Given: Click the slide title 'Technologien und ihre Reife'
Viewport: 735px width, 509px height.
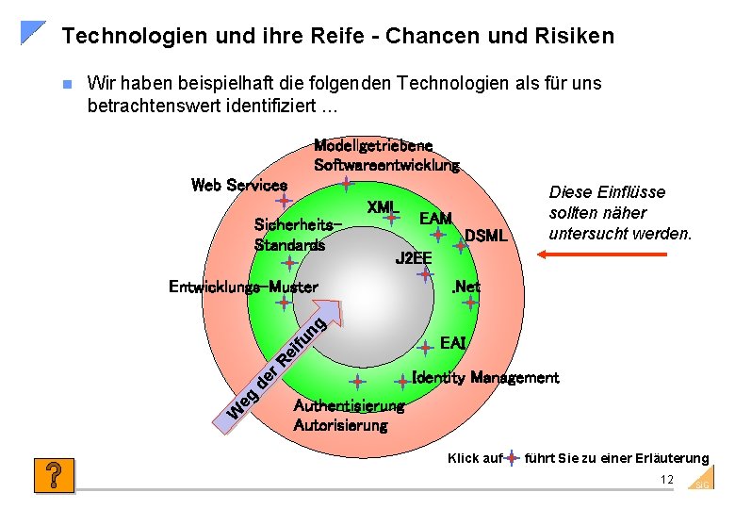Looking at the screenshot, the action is pyautogui.click(x=337, y=37).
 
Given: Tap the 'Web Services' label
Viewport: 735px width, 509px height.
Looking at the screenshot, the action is pyautogui.click(x=238, y=185).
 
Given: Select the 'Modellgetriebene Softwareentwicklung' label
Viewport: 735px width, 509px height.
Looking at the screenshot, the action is pyautogui.click(x=386, y=156).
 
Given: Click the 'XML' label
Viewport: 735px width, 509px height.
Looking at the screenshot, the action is pyautogui.click(x=383, y=207).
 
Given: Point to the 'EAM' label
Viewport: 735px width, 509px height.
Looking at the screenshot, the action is pyautogui.click(x=435, y=219).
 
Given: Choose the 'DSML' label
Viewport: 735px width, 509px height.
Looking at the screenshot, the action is pyautogui.click(x=486, y=236).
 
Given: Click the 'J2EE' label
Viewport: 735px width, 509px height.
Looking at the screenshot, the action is pyautogui.click(x=413, y=258).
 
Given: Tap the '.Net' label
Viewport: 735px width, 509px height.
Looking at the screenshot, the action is pyautogui.click(x=465, y=287).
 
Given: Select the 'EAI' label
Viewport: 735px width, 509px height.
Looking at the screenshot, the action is pyautogui.click(x=453, y=343).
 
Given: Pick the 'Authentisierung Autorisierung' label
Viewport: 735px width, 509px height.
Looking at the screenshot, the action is pyautogui.click(x=348, y=416).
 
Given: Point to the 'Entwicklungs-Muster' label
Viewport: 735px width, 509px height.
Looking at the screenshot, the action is pyautogui.click(x=243, y=287).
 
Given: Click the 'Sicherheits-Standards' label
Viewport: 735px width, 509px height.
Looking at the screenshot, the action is pyautogui.click(x=296, y=235).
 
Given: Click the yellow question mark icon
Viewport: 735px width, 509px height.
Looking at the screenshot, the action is pyautogui.click(x=54, y=475).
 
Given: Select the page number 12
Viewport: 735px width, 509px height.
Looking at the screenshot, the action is pyautogui.click(x=667, y=480).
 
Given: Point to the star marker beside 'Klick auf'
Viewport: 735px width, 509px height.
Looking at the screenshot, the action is pyautogui.click(x=512, y=458).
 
